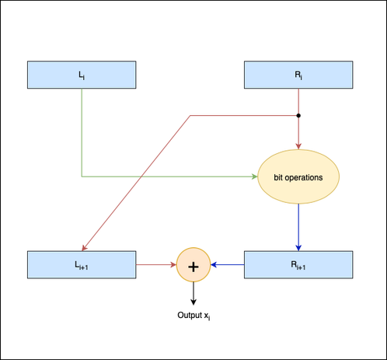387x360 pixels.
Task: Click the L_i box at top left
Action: (x=82, y=75)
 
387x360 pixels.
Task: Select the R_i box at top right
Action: (x=298, y=75)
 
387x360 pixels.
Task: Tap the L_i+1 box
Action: (x=82, y=264)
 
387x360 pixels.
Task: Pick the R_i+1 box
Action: (x=298, y=264)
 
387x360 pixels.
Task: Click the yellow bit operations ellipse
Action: (x=298, y=177)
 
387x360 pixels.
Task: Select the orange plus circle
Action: (x=193, y=264)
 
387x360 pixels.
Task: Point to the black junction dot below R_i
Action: (x=298, y=116)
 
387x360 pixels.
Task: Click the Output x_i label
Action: (x=193, y=316)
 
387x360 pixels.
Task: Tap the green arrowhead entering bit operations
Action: (x=254, y=177)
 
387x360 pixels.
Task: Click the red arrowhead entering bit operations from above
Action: (x=298, y=146)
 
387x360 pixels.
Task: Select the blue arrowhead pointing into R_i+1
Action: (x=298, y=248)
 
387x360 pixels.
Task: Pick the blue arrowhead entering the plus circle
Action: (x=214, y=264)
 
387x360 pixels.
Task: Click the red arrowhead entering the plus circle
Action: (x=173, y=264)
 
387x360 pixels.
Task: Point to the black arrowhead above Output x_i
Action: (x=193, y=302)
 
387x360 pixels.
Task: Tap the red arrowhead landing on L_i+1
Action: (x=84, y=248)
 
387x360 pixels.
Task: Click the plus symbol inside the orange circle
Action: (x=193, y=267)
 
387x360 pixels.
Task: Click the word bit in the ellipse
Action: (x=278, y=177)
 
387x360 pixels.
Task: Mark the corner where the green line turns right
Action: (x=82, y=177)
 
